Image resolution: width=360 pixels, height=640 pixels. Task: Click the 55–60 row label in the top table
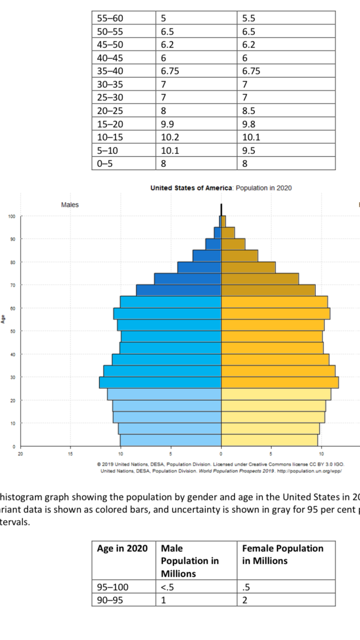point(110,19)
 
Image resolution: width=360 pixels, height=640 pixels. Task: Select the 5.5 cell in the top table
point(249,19)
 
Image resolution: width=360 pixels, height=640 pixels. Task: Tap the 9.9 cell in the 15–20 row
point(168,124)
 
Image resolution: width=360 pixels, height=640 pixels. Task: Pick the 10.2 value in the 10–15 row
point(169,137)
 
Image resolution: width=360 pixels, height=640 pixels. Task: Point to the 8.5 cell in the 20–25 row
point(249,111)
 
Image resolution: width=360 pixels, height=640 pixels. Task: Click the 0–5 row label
point(105,163)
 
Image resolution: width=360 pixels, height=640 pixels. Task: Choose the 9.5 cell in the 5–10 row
point(249,150)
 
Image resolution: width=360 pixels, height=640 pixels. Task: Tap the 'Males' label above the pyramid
point(70,205)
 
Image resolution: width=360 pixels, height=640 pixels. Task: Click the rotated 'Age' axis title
point(3,319)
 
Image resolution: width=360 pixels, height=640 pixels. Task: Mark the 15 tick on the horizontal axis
point(70,452)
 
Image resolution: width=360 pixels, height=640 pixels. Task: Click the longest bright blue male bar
point(160,382)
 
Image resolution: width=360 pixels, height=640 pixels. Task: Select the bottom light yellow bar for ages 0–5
point(269,440)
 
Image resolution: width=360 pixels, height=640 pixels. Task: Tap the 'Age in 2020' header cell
point(122,548)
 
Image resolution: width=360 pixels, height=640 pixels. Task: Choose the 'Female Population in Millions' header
point(283,555)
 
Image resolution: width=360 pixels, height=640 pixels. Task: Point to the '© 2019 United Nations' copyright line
point(220,464)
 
